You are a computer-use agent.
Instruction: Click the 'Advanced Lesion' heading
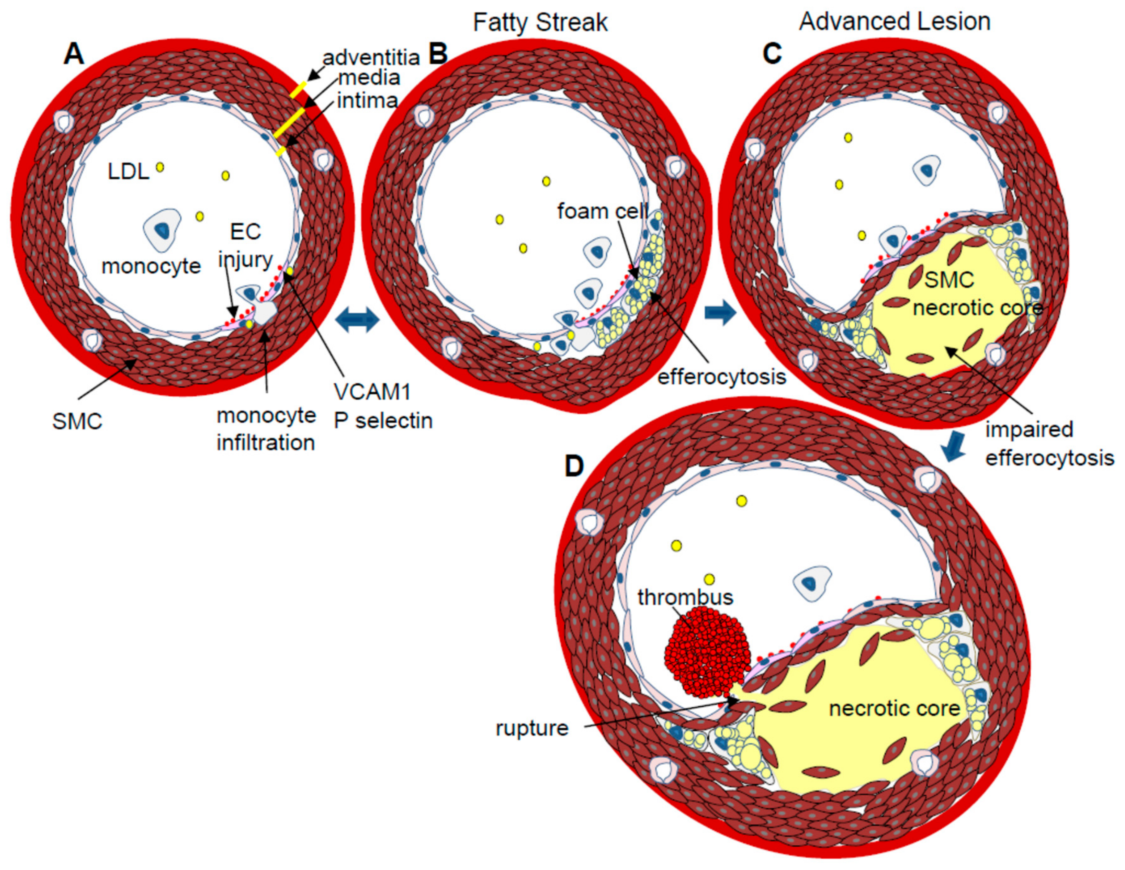[895, 22]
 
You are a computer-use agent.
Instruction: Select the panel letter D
[574, 467]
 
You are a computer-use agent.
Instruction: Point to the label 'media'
[369, 78]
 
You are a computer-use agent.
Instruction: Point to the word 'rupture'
[532, 728]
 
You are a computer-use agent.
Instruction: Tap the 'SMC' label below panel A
[77, 422]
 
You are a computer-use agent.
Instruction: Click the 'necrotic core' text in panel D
[895, 709]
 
